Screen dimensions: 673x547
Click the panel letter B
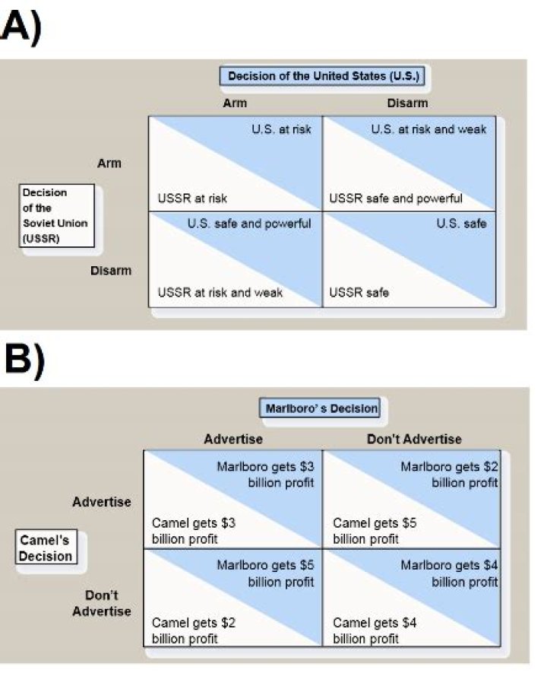(x=18, y=363)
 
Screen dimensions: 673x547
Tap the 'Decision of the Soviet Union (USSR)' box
(x=57, y=215)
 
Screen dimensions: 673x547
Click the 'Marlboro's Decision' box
(x=321, y=408)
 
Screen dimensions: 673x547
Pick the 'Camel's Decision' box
(x=46, y=548)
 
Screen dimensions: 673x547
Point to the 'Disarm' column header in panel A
(x=407, y=103)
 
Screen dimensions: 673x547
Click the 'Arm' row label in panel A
(x=109, y=163)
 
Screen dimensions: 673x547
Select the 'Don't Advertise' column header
(x=413, y=439)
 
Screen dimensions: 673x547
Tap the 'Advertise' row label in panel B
(x=102, y=501)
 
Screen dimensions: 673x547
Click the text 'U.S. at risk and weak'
(x=428, y=129)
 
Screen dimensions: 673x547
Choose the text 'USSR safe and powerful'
(x=395, y=198)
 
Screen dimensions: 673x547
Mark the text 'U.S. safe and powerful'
(x=249, y=224)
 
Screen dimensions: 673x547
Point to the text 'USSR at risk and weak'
(x=220, y=292)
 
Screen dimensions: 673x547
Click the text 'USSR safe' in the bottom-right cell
(x=359, y=292)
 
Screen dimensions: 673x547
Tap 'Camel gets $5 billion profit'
(x=375, y=531)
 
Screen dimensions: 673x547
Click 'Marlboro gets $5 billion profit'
(x=265, y=573)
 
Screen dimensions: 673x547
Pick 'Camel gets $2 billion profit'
(x=194, y=630)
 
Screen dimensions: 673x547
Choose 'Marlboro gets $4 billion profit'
(x=449, y=573)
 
